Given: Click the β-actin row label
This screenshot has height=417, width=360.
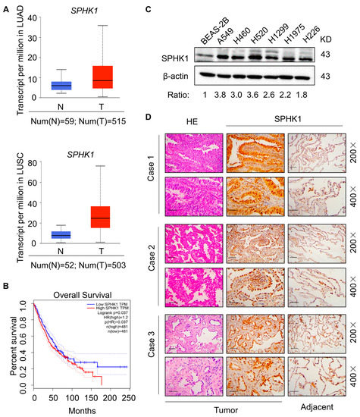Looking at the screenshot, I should tap(178, 77).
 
